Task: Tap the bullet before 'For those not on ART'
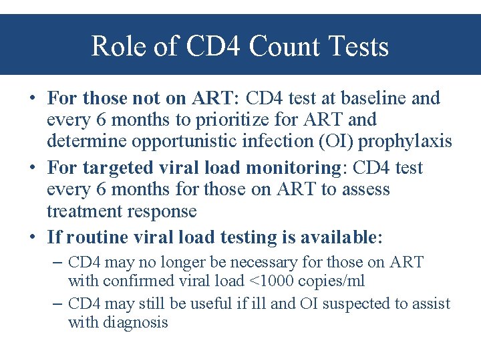point(32,99)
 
